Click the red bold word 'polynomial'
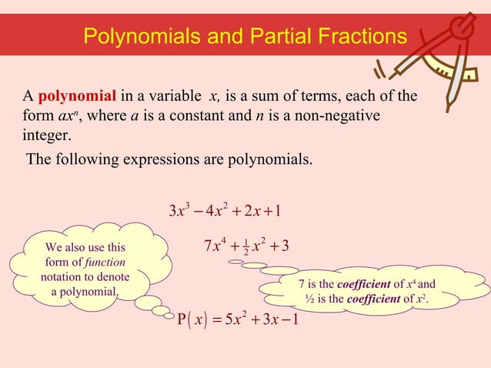[77, 96]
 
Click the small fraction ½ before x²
[245, 249]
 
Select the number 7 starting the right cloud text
[302, 285]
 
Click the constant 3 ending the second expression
[286, 248]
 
